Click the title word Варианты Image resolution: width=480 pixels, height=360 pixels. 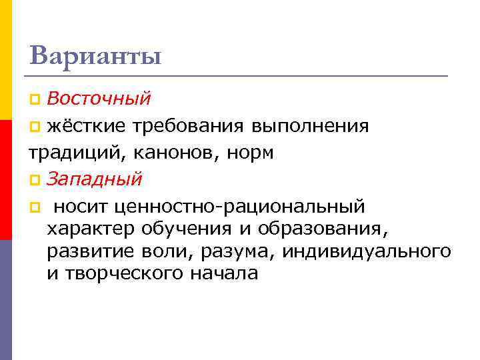[95, 55]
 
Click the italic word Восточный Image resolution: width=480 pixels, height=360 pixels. [99, 99]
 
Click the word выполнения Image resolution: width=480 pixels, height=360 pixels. [311, 126]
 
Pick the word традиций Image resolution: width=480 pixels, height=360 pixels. [66, 153]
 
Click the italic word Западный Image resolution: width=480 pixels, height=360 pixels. [95, 179]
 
